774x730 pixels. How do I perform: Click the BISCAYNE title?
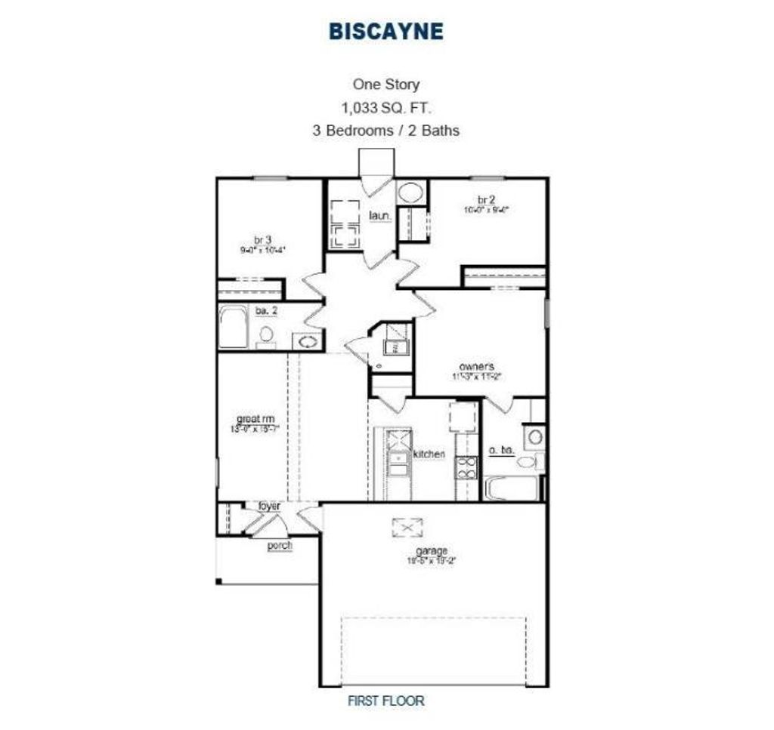386,31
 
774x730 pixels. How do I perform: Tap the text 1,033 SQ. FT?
386,107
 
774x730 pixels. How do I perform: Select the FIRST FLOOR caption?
386,700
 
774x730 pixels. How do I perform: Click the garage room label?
432,550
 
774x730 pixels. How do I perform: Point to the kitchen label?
429,454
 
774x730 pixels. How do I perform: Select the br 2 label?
486,200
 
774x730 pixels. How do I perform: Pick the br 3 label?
263,239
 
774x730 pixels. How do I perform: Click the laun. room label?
380,216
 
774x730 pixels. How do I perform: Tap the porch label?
280,545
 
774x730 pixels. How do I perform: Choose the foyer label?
269,505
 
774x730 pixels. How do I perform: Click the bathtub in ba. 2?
234,327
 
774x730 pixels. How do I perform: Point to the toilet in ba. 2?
266,334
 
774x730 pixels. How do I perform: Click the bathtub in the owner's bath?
512,488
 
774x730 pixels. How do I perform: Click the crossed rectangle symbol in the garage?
407,527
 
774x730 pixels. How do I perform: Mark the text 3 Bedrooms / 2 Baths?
386,130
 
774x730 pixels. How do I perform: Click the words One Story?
386,85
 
